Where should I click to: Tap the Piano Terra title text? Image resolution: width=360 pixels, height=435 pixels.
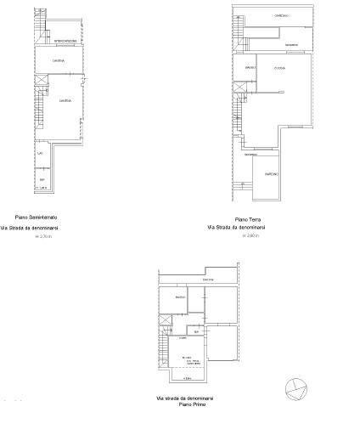(248, 219)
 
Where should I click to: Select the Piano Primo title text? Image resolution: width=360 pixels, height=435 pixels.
(192, 405)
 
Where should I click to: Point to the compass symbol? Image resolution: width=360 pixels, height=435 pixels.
(296, 388)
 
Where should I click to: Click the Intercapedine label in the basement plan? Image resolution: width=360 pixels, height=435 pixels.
(66, 41)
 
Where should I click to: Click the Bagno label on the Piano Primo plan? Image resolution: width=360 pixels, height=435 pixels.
(180, 297)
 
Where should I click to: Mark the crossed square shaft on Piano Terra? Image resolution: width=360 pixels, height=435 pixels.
(241, 87)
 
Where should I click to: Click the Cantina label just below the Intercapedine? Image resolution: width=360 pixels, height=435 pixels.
(58, 60)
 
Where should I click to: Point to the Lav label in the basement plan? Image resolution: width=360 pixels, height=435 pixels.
(40, 153)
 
